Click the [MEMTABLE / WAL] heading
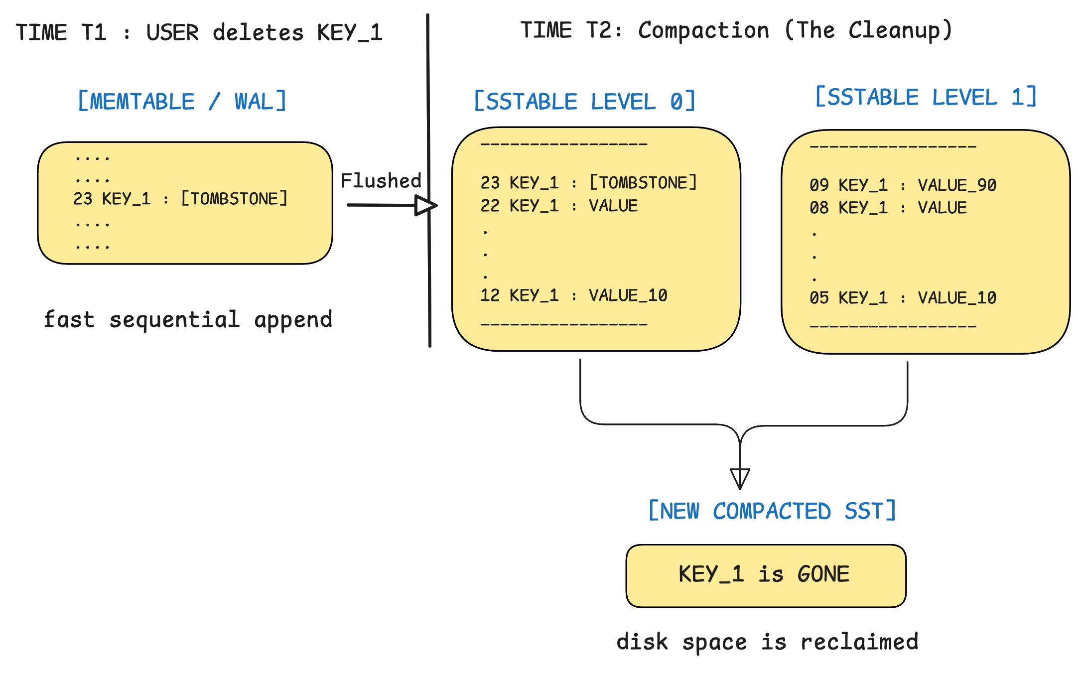pos(182,101)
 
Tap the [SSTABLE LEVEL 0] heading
pos(584,101)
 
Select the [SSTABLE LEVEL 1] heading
pos(926,97)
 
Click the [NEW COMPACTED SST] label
pos(772,511)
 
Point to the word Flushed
pos(381,180)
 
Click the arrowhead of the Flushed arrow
pos(426,205)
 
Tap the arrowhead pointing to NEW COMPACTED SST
pos(740,479)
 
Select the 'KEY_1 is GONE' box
pos(766,576)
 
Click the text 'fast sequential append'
pos(188,320)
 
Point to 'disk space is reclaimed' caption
pos(768,642)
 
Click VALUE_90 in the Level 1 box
pos(957,185)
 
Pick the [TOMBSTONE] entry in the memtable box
pos(234,198)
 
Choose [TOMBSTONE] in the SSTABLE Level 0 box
pos(643,182)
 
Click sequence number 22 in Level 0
pos(490,206)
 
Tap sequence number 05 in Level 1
pos(819,298)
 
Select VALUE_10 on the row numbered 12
pos(628,295)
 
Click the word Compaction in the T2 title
pos(704,31)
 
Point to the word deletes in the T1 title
pos(258,33)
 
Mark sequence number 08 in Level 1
pos(819,208)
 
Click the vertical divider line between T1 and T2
pos(429,180)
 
